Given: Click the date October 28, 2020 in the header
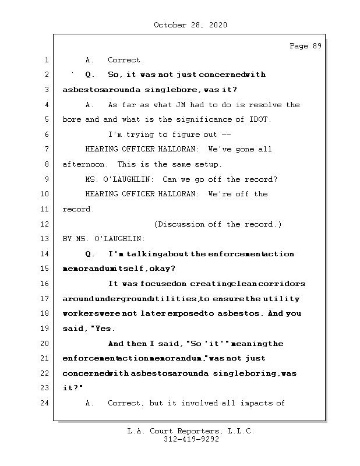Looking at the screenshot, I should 190,25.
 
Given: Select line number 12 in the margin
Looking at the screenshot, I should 45,224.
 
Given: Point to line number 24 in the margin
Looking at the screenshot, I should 45,403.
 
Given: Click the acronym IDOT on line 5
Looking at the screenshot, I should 262,119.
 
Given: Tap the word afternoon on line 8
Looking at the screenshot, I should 83,164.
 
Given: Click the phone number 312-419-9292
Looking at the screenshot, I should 191,440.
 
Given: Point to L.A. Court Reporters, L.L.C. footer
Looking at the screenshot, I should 190,432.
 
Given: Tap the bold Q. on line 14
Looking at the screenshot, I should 90,254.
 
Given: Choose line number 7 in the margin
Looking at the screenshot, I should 45,149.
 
